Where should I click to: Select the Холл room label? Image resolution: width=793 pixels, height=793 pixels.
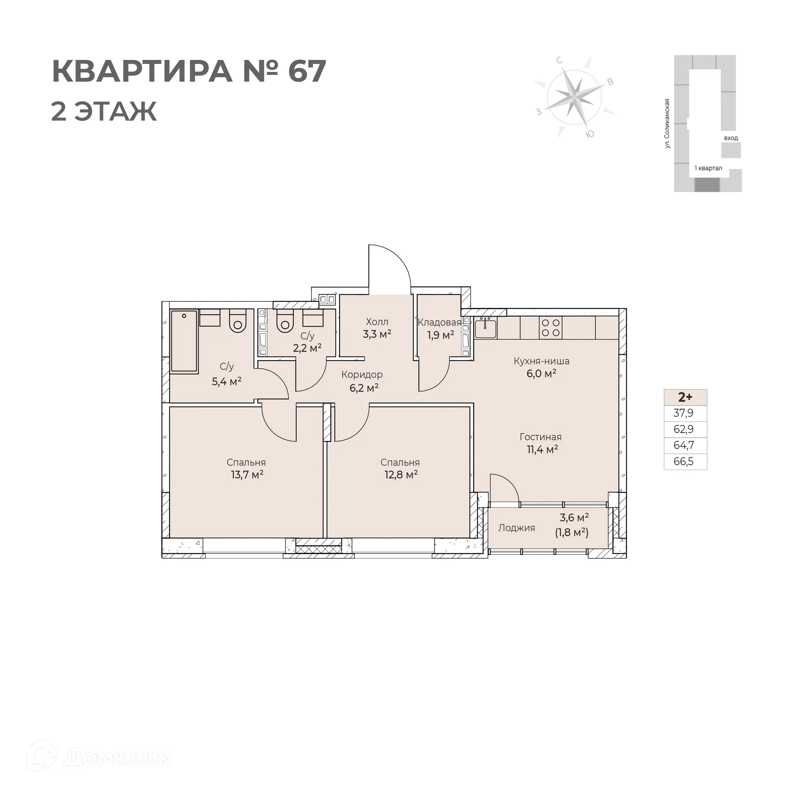click(x=377, y=322)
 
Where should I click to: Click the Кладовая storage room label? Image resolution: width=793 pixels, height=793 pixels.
click(x=439, y=323)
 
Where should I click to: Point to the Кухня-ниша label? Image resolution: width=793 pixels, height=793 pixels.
click(x=541, y=361)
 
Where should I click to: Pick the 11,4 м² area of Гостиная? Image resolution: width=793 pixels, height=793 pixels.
click(x=542, y=449)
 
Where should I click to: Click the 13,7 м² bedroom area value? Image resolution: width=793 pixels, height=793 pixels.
click(x=247, y=475)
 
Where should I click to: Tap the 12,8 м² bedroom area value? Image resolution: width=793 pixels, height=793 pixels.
click(x=401, y=475)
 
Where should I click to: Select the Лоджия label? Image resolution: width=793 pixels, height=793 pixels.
click(x=516, y=528)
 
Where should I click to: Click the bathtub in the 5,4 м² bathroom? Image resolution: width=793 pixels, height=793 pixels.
click(x=184, y=342)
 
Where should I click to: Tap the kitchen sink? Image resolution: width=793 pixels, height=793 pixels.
click(x=486, y=328)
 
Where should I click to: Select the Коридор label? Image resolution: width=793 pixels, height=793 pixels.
click(x=362, y=375)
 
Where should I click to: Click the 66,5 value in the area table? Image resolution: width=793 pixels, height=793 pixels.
click(x=684, y=461)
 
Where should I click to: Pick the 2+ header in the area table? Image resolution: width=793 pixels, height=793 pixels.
click(x=685, y=397)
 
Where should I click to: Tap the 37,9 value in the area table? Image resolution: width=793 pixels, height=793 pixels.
click(x=684, y=413)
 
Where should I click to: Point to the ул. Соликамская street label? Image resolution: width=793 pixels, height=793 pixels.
click(x=667, y=123)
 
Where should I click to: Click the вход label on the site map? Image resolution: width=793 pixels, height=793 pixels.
click(x=731, y=138)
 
